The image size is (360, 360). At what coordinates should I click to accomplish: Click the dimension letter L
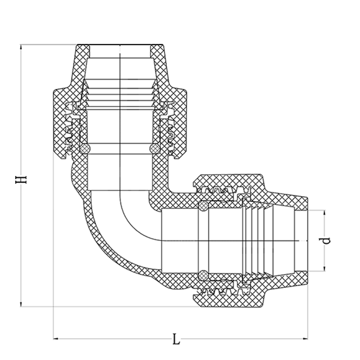click(x=176, y=339)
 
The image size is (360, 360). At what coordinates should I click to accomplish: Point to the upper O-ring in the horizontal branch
click(x=203, y=206)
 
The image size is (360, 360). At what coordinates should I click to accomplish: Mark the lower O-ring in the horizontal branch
click(x=203, y=275)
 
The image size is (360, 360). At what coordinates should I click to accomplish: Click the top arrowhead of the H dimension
click(x=21, y=48)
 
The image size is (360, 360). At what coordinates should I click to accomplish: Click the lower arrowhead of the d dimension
click(x=325, y=268)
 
